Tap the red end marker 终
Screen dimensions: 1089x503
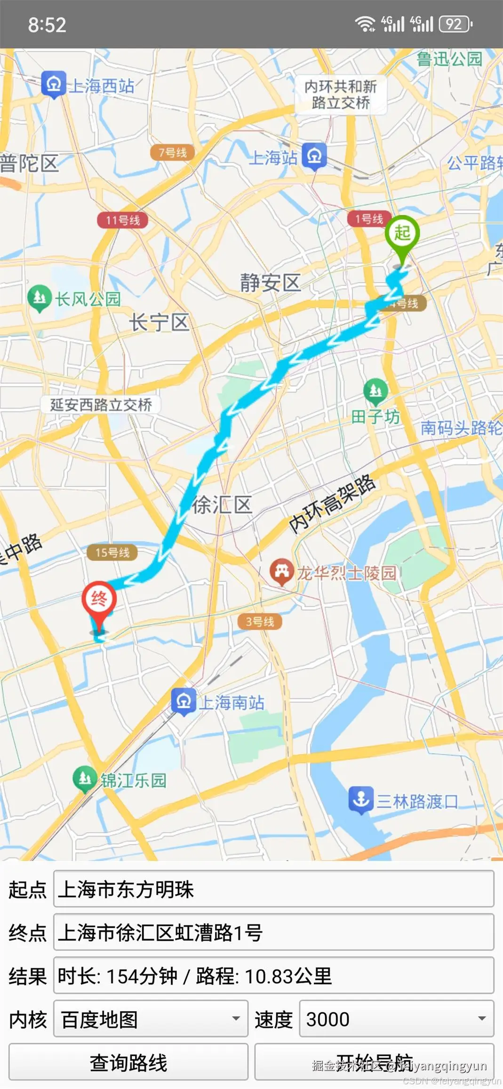click(x=99, y=600)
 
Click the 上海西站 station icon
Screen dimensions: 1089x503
click(x=54, y=84)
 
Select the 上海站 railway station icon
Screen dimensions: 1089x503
click(x=314, y=156)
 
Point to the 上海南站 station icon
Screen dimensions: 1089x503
click(x=184, y=702)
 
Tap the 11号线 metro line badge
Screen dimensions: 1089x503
click(x=122, y=220)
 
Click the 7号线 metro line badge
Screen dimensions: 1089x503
click(x=172, y=152)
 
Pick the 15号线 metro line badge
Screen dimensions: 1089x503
click(x=112, y=552)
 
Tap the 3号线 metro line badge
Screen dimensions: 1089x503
click(x=260, y=622)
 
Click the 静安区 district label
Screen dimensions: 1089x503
click(x=270, y=283)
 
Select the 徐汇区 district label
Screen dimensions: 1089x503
click(x=222, y=505)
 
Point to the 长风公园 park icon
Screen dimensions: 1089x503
click(x=40, y=298)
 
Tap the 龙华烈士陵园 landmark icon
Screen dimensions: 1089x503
click(x=281, y=571)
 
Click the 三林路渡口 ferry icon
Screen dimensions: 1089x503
click(x=361, y=800)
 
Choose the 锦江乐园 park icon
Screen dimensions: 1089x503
click(x=85, y=779)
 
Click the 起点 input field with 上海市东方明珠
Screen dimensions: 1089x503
click(x=273, y=889)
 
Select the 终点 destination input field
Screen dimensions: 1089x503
click(x=273, y=932)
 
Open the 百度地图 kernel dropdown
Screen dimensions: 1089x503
click(x=151, y=1019)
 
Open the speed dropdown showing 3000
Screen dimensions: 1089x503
click(x=396, y=1019)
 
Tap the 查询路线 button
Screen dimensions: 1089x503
click(x=128, y=1062)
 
